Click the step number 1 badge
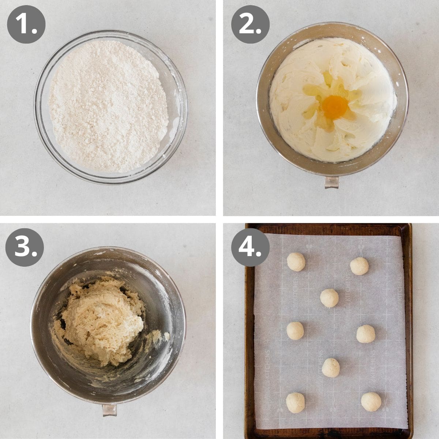point(26,25)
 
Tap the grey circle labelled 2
point(250,25)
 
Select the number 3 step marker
point(25,247)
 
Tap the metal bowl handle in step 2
point(331,182)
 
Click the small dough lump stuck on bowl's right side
point(166,336)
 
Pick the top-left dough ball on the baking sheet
point(296,262)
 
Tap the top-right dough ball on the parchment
point(359,266)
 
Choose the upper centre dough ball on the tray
point(329,298)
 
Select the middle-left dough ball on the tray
point(295,331)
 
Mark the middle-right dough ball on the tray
point(366,334)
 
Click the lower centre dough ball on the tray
point(331,367)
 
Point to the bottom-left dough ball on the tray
point(295,402)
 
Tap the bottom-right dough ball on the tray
point(371,402)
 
